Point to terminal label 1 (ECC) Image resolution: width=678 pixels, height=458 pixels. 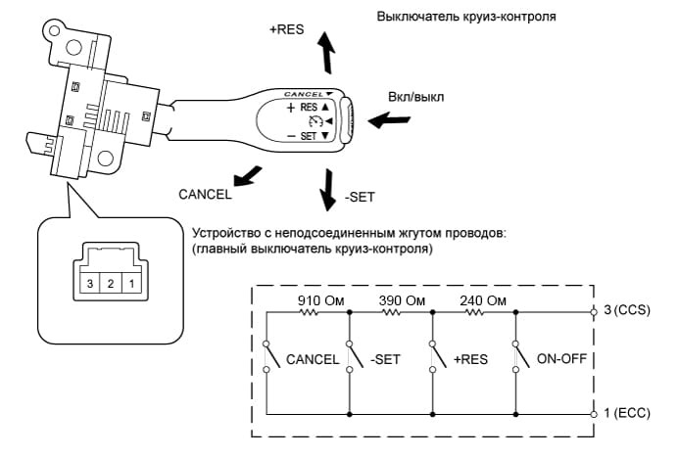pyautogui.click(x=626, y=414)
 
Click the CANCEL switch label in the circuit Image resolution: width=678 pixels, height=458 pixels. pyautogui.click(x=313, y=358)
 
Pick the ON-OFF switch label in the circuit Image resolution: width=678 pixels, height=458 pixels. pyautogui.click(x=561, y=358)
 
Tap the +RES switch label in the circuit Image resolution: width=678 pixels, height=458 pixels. pyautogui.click(x=470, y=358)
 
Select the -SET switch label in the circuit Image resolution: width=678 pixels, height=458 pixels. pyautogui.click(x=386, y=358)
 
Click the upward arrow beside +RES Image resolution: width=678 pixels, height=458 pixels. pyautogui.click(x=326, y=56)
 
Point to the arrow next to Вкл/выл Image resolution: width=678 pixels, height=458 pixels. pyautogui.click(x=389, y=123)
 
